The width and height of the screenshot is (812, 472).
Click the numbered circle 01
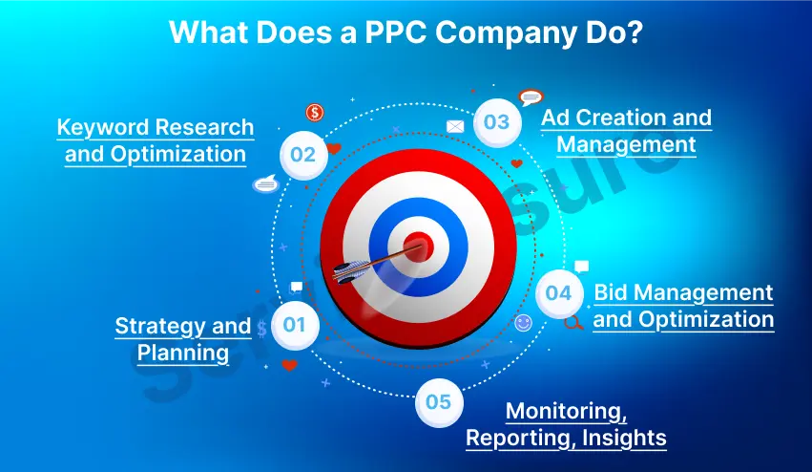[294, 324]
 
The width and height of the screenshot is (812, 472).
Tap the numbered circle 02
[302, 154]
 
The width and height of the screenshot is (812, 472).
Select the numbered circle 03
[496, 122]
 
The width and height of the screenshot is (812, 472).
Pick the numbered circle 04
[558, 293]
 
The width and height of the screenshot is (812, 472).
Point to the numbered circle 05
[438, 401]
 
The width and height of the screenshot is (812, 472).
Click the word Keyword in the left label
[108, 127]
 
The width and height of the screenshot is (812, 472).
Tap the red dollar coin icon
[315, 114]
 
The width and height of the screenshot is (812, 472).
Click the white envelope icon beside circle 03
[455, 126]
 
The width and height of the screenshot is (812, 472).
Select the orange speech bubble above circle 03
[531, 97]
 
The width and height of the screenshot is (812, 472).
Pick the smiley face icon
[523, 323]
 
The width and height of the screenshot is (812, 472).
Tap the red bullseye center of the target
[417, 247]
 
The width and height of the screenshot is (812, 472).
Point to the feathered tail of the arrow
[350, 271]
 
